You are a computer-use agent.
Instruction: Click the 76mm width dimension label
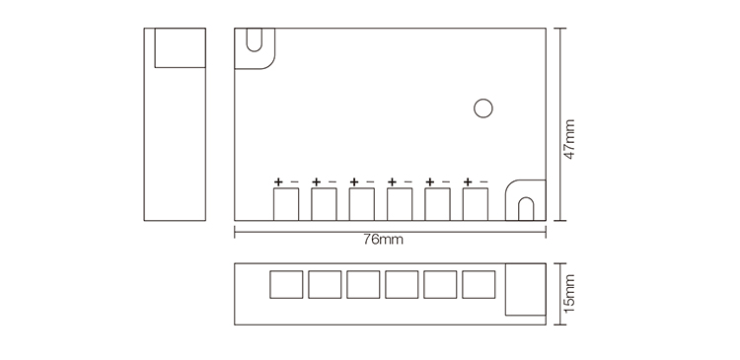pos(384,240)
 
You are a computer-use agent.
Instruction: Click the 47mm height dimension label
pos(568,138)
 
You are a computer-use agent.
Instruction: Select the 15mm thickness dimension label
pos(569,292)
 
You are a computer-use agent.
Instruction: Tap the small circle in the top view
pos(482,108)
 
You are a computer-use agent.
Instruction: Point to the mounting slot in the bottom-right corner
pos(525,204)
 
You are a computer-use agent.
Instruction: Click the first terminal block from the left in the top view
pos(286,204)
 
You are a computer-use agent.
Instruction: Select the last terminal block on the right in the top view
pos(477,204)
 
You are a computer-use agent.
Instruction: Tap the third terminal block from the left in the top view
pos(362,204)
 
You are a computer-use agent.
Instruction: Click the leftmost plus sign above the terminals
pos(278,181)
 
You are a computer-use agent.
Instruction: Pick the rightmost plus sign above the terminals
pos(468,181)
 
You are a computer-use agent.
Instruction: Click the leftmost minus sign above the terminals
pos(294,181)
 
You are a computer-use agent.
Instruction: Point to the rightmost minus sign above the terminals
pos(483,181)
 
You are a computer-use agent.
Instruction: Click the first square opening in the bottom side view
pos(286,284)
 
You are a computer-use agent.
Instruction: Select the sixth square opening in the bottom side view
pos(478,284)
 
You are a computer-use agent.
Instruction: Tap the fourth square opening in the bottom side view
pos(402,284)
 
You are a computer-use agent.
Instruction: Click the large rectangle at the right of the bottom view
pos(523,290)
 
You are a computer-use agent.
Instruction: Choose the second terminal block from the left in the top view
pos(324,204)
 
